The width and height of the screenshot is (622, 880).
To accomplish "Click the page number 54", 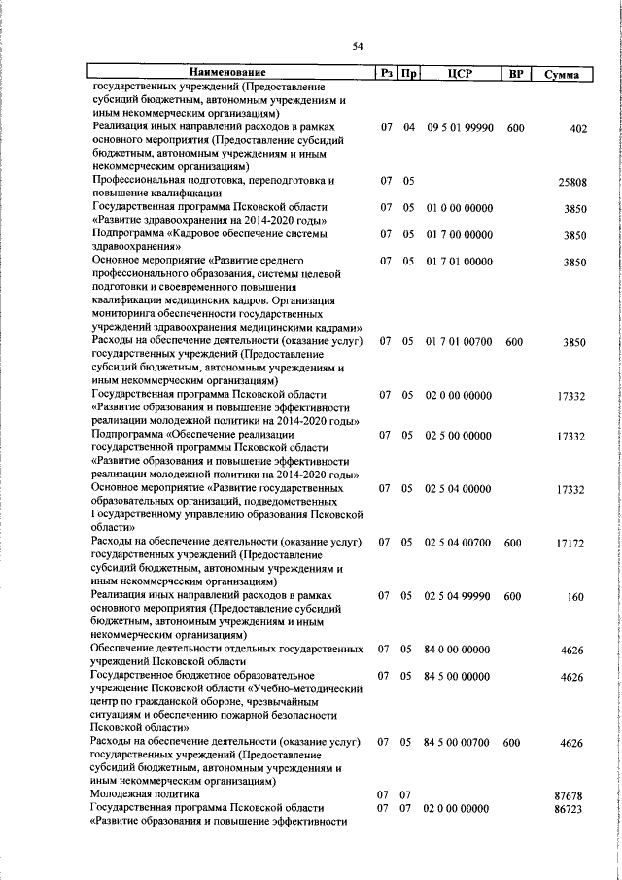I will click(358, 46).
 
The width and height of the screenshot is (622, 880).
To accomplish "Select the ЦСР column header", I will click(461, 72).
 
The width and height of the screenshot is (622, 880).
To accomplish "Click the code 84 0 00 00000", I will click(458, 648).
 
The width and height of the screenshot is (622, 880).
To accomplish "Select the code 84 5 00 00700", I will click(458, 742).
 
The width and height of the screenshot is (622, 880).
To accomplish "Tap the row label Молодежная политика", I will click(139, 794).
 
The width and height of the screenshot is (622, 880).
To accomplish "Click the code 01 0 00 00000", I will click(458, 208).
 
